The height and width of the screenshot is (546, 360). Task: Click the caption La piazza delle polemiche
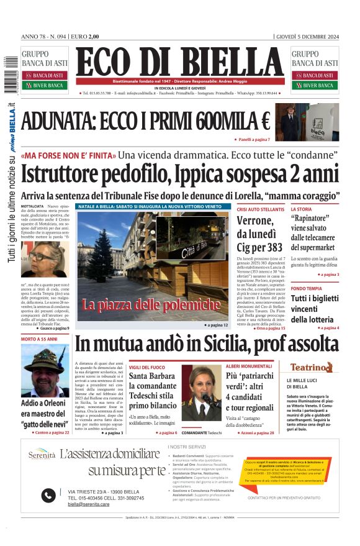pyautogui.click(x=151, y=304)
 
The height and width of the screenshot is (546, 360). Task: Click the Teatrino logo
pyautogui.click(x=311, y=367)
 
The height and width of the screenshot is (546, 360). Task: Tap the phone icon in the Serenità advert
pyautogui.click(x=48, y=495)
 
